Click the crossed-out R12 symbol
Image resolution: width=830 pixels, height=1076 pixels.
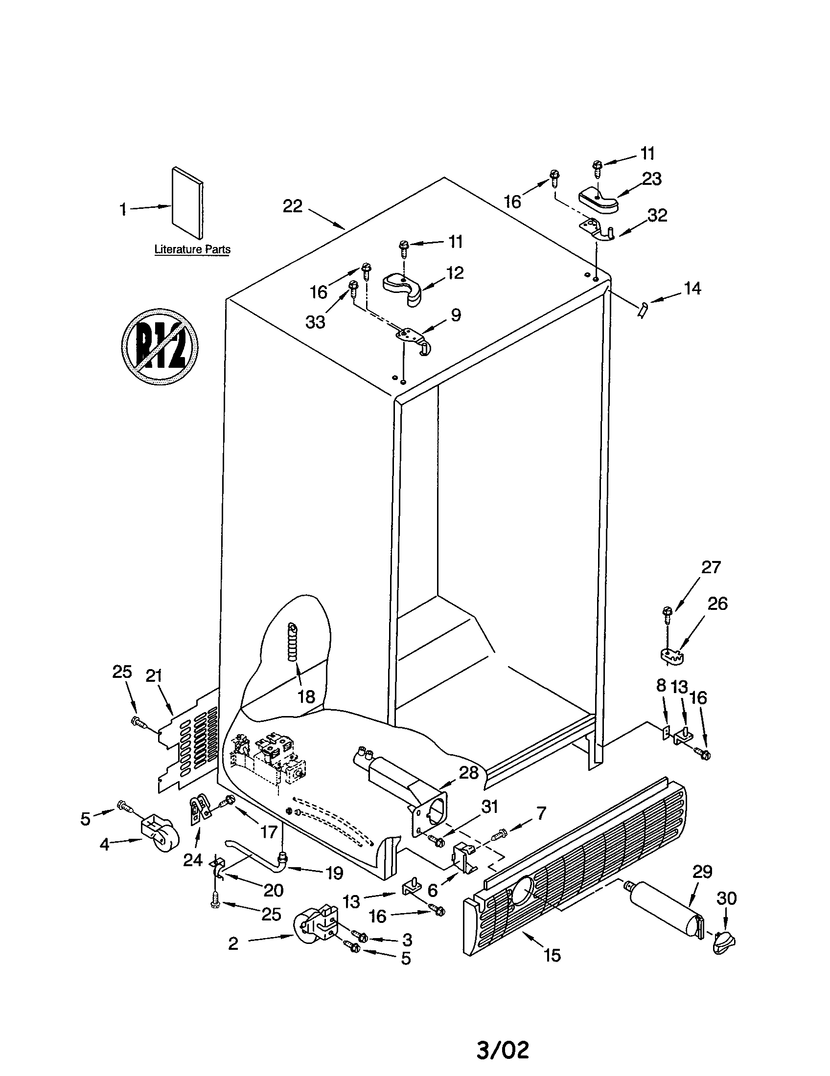pos(160,346)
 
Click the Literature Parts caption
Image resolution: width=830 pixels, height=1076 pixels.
pos(192,249)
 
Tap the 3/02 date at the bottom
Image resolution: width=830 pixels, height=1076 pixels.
pos(503,1046)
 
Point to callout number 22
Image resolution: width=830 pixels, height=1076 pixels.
pos(292,206)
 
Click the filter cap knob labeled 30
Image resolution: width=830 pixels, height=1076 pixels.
pos(722,942)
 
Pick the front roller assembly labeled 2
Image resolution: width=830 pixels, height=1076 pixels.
pos(316,928)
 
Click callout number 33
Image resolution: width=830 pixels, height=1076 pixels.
pos(315,322)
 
